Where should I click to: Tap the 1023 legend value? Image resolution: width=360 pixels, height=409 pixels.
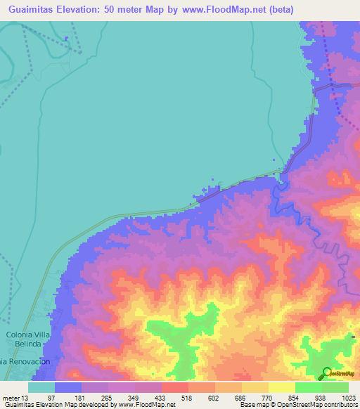pyautogui.click(x=347, y=397)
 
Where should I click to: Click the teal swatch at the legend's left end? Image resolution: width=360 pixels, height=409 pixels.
pyautogui.click(x=41, y=387)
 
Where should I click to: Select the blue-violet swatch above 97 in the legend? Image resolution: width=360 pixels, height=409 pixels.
pyautogui.click(x=68, y=387)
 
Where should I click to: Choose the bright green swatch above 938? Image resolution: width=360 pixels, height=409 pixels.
pyautogui.click(x=309, y=387)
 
